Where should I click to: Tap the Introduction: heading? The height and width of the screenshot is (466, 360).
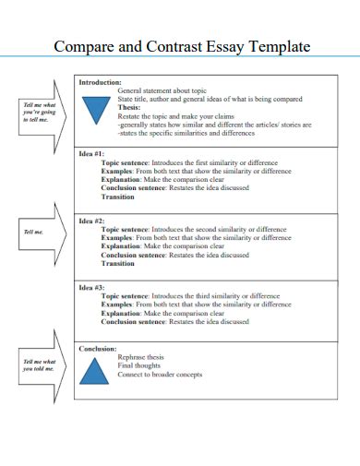click(100, 83)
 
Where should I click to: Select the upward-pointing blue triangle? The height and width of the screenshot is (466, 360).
click(94, 371)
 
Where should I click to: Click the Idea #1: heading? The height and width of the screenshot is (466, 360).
click(91, 153)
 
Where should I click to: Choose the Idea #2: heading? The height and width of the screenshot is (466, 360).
click(91, 221)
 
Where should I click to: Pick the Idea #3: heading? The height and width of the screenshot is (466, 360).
click(91, 288)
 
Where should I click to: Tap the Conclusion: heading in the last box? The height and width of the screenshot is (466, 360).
click(98, 348)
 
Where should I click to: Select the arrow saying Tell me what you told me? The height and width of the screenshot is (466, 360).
click(40, 364)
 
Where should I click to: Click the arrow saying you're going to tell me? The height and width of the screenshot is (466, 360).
click(40, 112)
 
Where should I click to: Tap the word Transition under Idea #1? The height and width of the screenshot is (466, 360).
click(118, 196)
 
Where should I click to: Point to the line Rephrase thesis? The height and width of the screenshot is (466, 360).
click(143, 356)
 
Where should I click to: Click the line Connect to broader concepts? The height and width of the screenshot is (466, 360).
click(160, 375)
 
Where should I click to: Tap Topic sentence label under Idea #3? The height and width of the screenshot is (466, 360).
click(126, 296)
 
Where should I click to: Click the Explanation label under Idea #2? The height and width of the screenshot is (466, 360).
click(121, 246)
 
